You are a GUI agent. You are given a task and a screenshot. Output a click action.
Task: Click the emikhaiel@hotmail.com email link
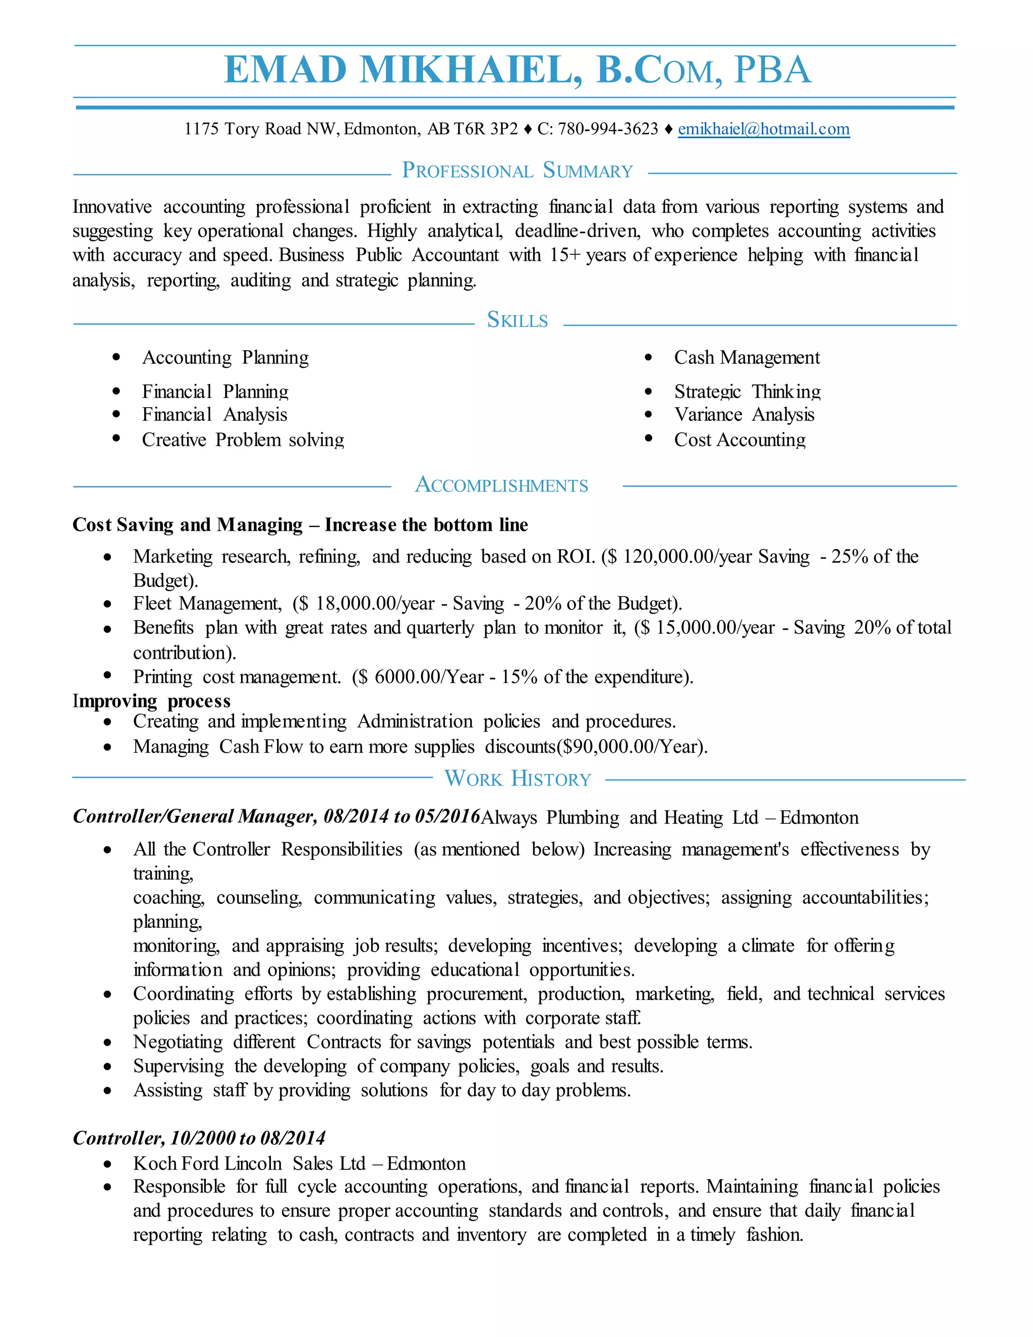pos(763,129)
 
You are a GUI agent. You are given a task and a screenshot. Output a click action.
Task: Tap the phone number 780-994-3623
pos(607,129)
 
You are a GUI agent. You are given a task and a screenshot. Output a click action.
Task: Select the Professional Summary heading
pos(517,171)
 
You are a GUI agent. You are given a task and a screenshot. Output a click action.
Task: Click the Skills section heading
pos(517,320)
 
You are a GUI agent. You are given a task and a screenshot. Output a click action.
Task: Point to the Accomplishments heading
pos(501,485)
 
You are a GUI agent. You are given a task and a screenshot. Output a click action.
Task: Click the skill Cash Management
pos(747,358)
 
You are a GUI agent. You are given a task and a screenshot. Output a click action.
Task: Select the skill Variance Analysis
pos(744,415)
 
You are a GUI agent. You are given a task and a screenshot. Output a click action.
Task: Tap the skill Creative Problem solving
pos(243,440)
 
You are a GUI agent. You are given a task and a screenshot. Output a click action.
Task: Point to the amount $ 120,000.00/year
pos(679,556)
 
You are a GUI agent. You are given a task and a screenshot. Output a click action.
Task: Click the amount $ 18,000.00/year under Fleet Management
pos(365,603)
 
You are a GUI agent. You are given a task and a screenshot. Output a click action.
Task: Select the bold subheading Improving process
pos(151,701)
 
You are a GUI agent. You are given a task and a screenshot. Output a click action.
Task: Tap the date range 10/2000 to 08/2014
pos(248,1138)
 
